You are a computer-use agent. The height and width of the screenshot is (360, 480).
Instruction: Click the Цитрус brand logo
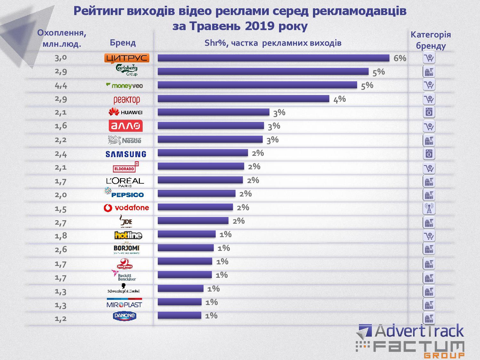click(x=127, y=58)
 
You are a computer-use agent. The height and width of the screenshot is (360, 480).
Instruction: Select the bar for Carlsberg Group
click(x=263, y=71)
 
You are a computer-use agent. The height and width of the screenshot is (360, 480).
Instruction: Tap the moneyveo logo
click(x=124, y=85)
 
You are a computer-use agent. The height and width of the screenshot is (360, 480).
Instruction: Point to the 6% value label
click(x=400, y=58)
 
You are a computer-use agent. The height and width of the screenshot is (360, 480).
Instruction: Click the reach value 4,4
click(x=61, y=85)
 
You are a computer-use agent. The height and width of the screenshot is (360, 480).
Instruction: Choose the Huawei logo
click(x=125, y=112)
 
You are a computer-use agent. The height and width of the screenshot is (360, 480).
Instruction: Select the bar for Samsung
click(x=203, y=153)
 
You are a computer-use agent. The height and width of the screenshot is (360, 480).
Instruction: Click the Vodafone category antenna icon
click(x=429, y=208)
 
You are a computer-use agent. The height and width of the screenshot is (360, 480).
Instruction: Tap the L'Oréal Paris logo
click(x=125, y=181)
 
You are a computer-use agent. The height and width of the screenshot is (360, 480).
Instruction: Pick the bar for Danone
click(x=179, y=316)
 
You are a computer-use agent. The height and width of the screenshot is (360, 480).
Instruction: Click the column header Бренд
click(x=123, y=43)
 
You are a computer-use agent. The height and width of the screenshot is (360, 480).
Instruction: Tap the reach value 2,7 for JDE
click(x=60, y=222)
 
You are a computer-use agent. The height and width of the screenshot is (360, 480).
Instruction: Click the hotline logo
click(x=128, y=236)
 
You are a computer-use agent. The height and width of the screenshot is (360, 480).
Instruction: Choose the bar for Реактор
click(x=243, y=99)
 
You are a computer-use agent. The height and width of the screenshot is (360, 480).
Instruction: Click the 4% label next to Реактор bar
click(x=340, y=99)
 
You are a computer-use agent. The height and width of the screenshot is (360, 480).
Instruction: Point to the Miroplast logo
click(x=124, y=304)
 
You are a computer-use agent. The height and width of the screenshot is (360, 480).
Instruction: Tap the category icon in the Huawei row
click(x=429, y=112)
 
